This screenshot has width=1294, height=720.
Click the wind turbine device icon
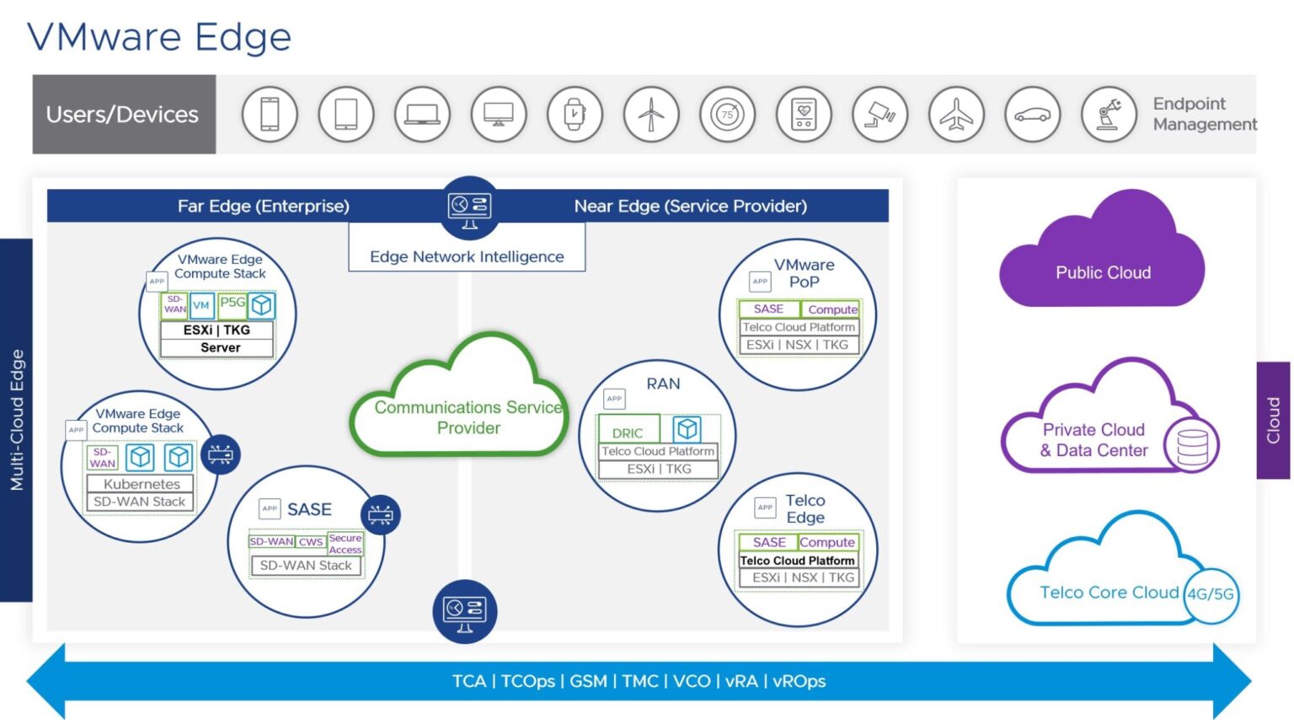(x=650, y=114)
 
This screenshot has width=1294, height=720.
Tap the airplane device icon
(x=956, y=114)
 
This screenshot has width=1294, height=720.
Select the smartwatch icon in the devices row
(x=574, y=114)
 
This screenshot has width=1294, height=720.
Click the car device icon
(x=1032, y=114)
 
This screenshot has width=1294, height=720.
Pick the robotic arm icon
(x=1109, y=114)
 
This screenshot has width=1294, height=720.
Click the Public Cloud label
(x=1103, y=272)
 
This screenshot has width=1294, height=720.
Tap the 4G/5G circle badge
(x=1211, y=594)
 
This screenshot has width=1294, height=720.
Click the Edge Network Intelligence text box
(x=467, y=256)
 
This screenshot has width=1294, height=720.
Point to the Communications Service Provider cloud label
(x=468, y=417)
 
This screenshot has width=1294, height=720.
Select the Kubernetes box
(x=142, y=484)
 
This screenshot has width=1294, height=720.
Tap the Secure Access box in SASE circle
(x=345, y=544)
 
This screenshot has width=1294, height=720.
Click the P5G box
(x=232, y=303)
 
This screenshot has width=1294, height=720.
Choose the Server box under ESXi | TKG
(x=220, y=347)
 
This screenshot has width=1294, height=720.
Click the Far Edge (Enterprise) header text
(x=263, y=206)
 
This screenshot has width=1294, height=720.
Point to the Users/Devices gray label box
(x=123, y=114)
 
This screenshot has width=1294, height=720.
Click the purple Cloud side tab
(x=1273, y=420)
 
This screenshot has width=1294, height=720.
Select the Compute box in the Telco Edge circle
(x=827, y=542)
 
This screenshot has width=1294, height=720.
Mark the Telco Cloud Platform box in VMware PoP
(x=799, y=327)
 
